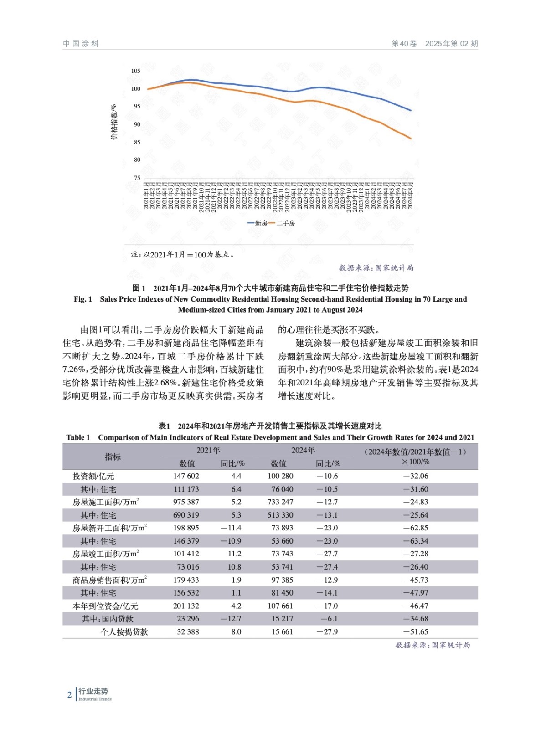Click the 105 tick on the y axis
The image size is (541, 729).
[x=135, y=71]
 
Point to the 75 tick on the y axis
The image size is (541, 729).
[x=137, y=178]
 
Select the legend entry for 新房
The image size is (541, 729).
[x=258, y=223]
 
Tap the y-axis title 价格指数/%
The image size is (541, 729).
[x=114, y=122]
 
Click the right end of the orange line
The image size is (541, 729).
[x=411, y=139]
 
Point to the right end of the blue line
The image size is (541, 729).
[x=411, y=110]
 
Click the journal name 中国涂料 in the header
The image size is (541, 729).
[x=81, y=44]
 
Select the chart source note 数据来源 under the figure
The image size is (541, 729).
[x=376, y=268]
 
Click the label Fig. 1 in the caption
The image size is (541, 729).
[x=83, y=299]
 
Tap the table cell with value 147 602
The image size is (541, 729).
[x=186, y=476]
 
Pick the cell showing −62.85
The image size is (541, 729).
[x=415, y=528]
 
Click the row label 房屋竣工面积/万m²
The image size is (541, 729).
[x=106, y=554]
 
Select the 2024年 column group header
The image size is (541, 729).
[x=303, y=450]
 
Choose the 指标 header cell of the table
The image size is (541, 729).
[x=113, y=457]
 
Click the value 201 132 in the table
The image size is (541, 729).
[x=186, y=606]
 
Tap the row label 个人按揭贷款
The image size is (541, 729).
[x=124, y=632]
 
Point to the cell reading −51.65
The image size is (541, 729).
[x=415, y=632]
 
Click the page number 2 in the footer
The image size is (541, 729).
[x=69, y=695]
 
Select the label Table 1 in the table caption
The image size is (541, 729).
[x=78, y=438]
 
